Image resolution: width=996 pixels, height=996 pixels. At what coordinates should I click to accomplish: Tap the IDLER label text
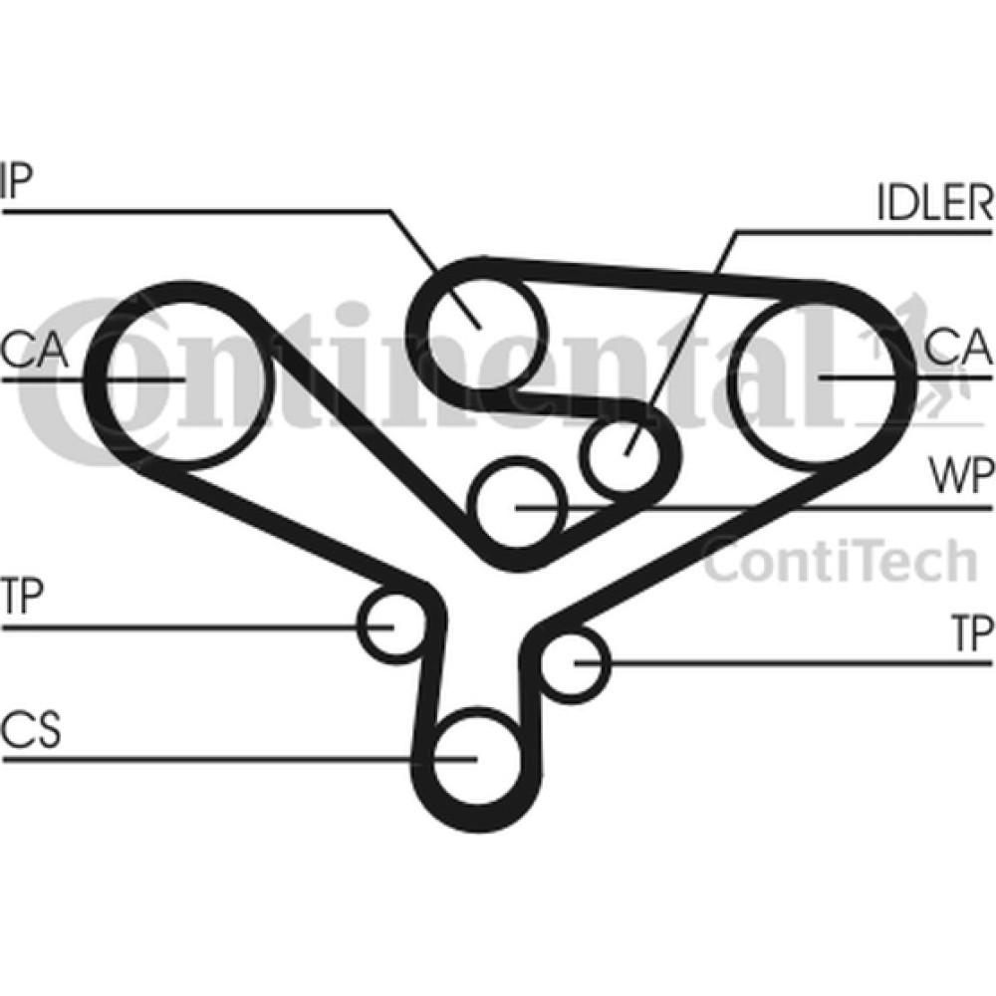(x=935, y=202)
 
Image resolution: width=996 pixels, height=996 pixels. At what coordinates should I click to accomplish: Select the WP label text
(x=960, y=476)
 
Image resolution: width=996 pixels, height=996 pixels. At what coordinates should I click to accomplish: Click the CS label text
(x=31, y=729)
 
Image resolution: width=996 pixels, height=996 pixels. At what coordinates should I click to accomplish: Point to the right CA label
(x=958, y=347)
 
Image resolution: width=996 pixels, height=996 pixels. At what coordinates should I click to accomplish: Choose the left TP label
(x=22, y=596)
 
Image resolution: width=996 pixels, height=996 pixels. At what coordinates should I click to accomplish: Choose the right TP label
(x=972, y=632)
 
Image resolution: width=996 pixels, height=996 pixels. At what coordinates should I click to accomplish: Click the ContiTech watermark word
(x=841, y=560)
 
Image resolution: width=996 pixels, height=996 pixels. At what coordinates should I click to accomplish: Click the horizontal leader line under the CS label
(x=239, y=758)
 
